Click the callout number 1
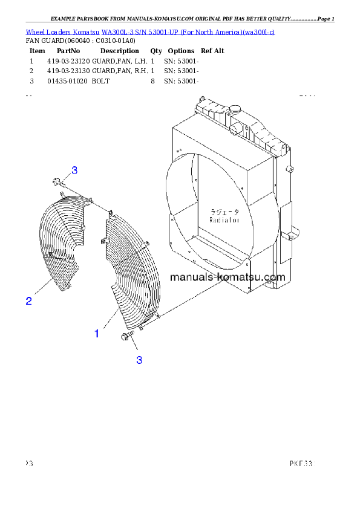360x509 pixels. (x=96, y=333)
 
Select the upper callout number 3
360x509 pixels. (x=74, y=170)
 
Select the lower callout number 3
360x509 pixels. (x=139, y=360)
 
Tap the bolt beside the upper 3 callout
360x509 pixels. (x=56, y=180)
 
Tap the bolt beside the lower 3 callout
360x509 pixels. (x=127, y=337)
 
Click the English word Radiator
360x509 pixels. (x=224, y=221)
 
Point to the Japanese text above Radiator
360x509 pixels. (x=224, y=212)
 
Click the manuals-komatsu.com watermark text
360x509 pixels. (x=227, y=277)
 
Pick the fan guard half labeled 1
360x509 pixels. (x=129, y=266)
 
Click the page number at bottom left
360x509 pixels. (x=28, y=464)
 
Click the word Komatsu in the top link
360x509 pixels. (x=87, y=31)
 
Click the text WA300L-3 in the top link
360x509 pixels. (x=115, y=31)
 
